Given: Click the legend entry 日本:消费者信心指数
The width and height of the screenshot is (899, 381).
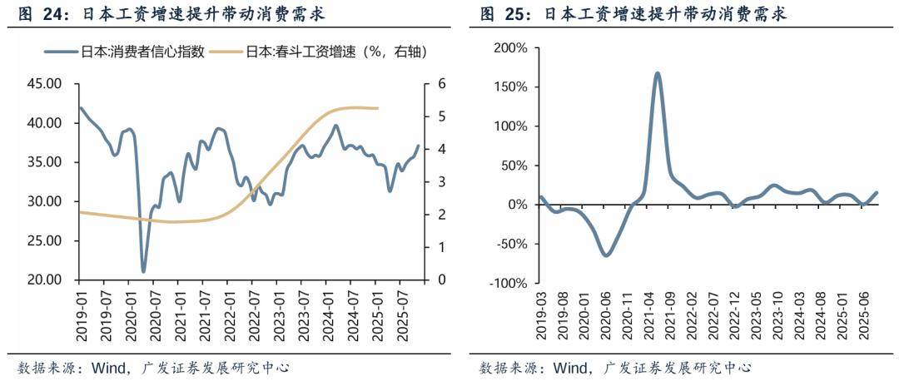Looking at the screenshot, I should click(x=137, y=52).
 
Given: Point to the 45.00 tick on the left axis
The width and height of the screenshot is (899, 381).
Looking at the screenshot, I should click(x=45, y=84).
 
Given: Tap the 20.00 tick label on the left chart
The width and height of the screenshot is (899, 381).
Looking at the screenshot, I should click(x=45, y=280).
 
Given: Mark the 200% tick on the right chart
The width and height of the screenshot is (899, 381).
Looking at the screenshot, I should click(x=511, y=48).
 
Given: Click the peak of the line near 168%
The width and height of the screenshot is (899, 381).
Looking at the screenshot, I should click(x=658, y=73).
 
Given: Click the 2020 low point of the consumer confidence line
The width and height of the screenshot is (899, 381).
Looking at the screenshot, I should click(x=143, y=271).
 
